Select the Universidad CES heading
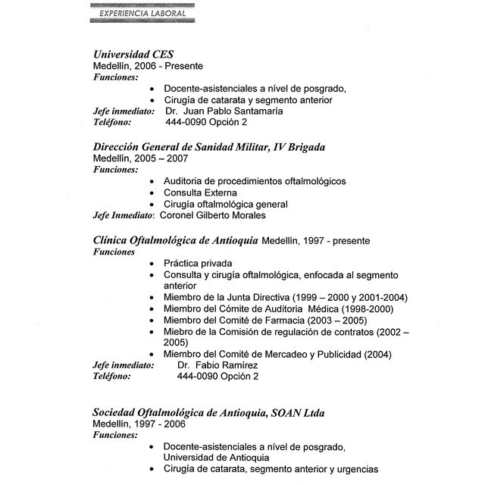[x=133, y=55]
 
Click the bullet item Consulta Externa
[x=200, y=192]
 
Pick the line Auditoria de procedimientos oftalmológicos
[x=254, y=181]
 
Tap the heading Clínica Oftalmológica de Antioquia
[x=175, y=240]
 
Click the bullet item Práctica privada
[x=198, y=263]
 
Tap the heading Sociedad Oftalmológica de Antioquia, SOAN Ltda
[x=208, y=412]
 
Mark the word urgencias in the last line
[x=353, y=469]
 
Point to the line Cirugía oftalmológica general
[x=225, y=204]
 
